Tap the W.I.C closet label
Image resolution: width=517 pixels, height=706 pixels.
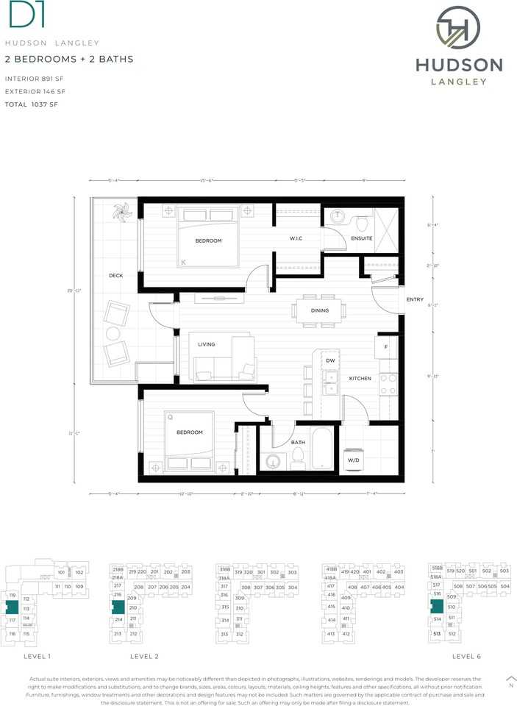click(x=296, y=238)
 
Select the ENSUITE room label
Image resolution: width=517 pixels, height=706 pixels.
click(x=362, y=238)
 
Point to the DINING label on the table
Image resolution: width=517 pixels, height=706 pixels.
click(x=319, y=310)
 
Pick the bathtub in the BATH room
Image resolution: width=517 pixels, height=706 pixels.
click(x=322, y=448)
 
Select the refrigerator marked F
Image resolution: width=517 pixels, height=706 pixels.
click(x=386, y=346)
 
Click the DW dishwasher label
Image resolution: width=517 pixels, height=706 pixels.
click(x=331, y=360)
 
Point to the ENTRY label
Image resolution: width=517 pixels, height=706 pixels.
click(x=415, y=299)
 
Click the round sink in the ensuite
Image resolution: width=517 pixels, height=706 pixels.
click(x=338, y=217)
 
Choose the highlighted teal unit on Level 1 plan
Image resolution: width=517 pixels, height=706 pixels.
click(x=12, y=607)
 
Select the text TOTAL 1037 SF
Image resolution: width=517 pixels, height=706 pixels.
click(x=31, y=105)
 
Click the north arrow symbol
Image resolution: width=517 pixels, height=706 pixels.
click(x=511, y=679)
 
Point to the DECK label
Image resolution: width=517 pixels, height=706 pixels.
click(x=115, y=277)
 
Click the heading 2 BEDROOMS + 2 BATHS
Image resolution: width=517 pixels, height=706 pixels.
click(x=69, y=59)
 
